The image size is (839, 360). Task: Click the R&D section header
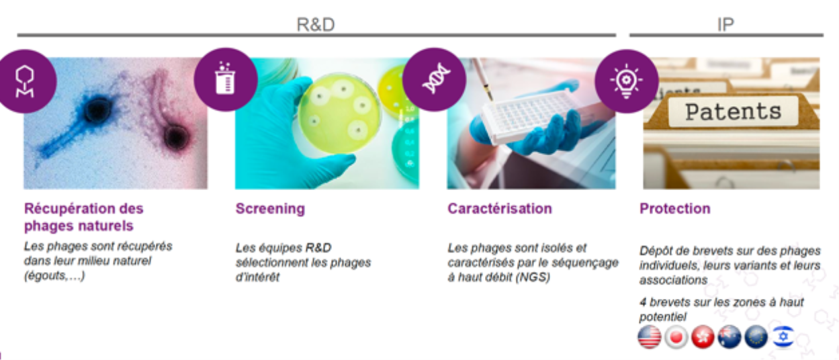click(315, 25)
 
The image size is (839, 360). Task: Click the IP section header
click(725, 25)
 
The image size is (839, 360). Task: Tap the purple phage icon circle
click(25, 81)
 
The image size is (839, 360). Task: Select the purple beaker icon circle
click(226, 79)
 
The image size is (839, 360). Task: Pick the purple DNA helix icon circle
click(435, 79)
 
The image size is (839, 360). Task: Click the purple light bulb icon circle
click(627, 81)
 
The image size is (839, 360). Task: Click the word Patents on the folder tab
click(733, 111)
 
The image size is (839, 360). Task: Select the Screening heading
click(270, 209)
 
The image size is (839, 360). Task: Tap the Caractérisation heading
click(500, 209)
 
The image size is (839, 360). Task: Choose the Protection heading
click(674, 209)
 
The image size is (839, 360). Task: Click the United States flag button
click(649, 337)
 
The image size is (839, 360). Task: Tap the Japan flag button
click(676, 337)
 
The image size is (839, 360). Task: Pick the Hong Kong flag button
click(703, 337)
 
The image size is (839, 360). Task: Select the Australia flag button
click(730, 337)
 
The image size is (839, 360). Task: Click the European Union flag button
click(756, 337)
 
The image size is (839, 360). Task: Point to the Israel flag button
click(783, 337)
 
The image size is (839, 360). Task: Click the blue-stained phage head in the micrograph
click(97, 109)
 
